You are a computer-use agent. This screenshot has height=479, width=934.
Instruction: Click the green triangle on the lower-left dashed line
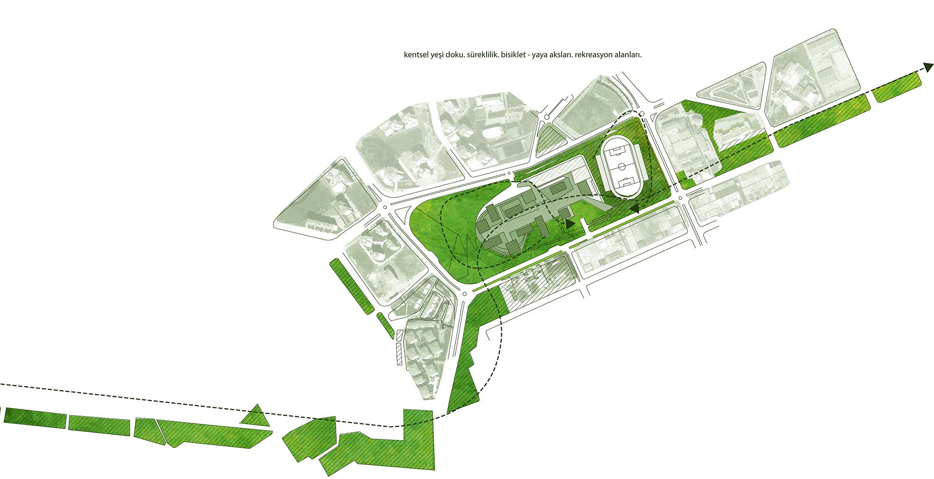(255, 416)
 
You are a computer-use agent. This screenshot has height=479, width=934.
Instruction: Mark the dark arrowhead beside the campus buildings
(570, 224)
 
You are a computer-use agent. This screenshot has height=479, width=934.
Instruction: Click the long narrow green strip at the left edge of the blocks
(351, 286)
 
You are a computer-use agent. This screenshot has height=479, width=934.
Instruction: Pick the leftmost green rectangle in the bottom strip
(35, 417)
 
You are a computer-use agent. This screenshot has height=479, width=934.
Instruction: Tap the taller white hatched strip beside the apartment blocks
(399, 354)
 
